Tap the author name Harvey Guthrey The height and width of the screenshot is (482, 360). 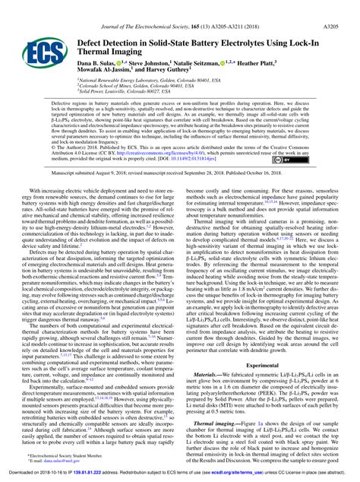tap(169, 60)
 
